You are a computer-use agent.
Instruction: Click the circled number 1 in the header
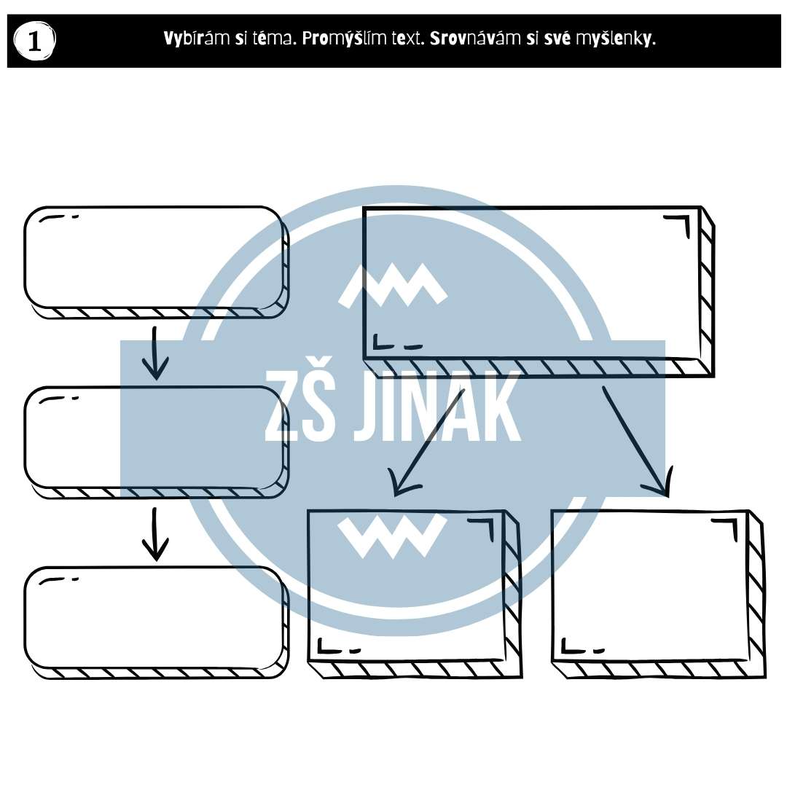34,41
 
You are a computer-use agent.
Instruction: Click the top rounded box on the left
157,262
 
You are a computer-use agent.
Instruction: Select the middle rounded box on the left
157,442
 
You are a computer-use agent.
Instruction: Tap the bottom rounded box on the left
157,623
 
